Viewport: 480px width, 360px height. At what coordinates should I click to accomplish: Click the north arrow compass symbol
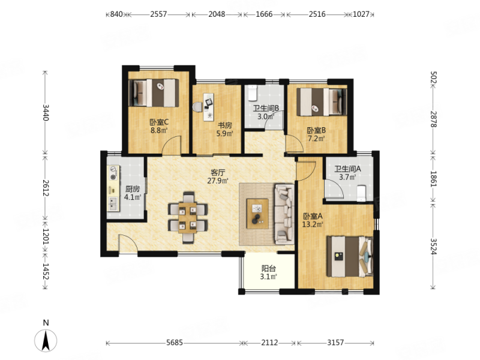(x=46, y=340)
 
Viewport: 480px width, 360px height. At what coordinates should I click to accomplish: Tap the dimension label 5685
(x=175, y=343)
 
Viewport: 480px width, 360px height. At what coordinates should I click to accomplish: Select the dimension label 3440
(x=46, y=112)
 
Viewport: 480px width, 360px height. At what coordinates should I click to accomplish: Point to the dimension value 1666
(x=264, y=14)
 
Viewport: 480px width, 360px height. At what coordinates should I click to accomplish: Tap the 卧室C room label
(x=159, y=122)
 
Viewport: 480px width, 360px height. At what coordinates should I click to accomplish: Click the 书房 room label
(x=224, y=125)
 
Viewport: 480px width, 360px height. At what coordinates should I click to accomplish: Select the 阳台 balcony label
(x=268, y=269)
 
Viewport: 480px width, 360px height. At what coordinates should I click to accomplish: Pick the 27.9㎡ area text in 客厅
(x=218, y=181)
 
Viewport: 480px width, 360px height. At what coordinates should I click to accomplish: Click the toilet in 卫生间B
(x=252, y=93)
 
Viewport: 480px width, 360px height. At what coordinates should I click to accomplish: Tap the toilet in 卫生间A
(x=362, y=193)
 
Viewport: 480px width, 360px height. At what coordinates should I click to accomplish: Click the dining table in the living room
(x=187, y=218)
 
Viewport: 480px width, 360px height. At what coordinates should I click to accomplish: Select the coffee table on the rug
(x=257, y=214)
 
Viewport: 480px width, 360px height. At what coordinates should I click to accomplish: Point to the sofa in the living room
(x=284, y=214)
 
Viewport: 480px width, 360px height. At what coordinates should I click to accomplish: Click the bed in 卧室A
(x=350, y=256)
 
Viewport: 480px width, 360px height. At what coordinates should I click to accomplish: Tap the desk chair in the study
(x=197, y=107)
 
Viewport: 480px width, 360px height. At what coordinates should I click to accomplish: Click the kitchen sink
(x=113, y=203)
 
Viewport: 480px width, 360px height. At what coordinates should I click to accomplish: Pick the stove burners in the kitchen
(x=113, y=173)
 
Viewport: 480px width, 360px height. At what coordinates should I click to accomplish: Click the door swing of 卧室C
(x=172, y=145)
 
